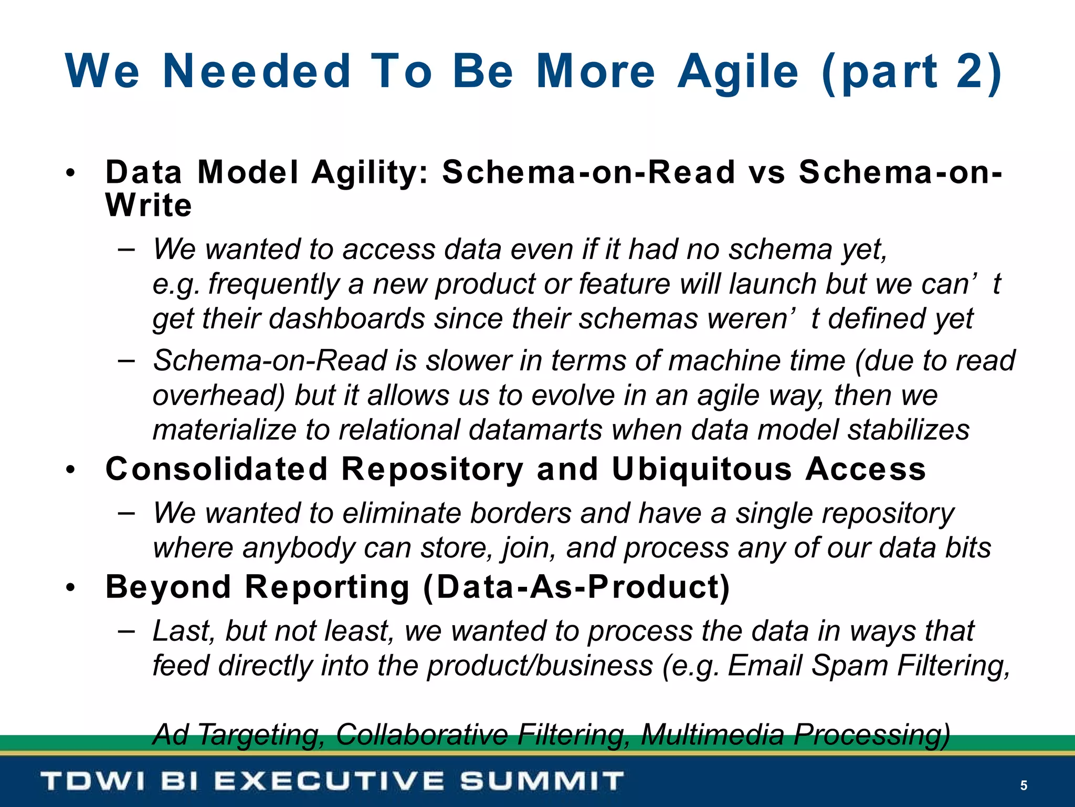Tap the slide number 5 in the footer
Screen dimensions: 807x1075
point(1024,785)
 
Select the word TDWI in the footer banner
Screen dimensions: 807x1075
point(92,781)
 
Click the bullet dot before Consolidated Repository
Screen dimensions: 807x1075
point(71,470)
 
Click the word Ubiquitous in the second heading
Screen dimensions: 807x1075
point(702,469)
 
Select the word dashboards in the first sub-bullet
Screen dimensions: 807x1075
point(346,318)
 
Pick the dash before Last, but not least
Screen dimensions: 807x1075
point(127,629)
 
